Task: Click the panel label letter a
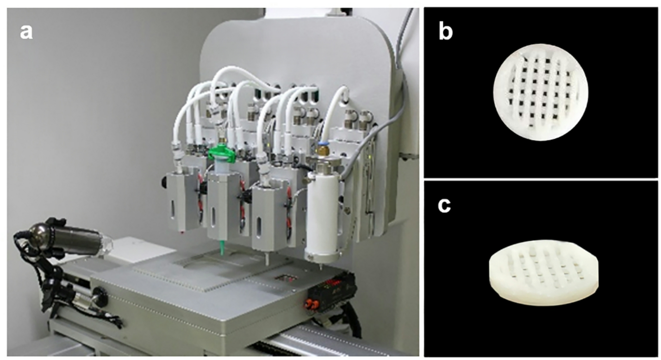click(x=26, y=32)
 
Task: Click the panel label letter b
click(x=446, y=32)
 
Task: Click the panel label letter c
click(x=444, y=205)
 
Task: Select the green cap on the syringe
click(x=222, y=154)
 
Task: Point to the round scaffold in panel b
click(x=541, y=92)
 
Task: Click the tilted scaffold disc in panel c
click(x=543, y=273)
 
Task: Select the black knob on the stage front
click(x=101, y=296)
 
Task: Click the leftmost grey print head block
click(x=183, y=201)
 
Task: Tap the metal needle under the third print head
click(x=268, y=259)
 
